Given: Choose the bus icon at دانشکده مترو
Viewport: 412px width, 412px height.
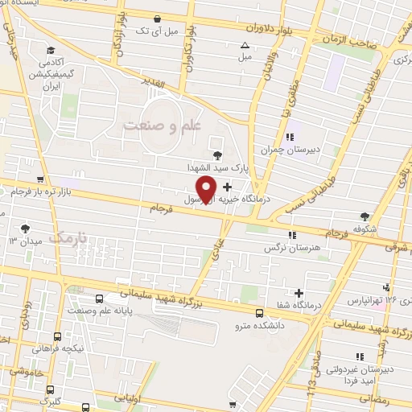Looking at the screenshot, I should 258,313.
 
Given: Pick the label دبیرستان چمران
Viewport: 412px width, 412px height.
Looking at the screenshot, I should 268,150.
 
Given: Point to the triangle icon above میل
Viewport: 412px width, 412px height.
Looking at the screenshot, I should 245,45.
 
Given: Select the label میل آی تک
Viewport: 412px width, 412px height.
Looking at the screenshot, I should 155,31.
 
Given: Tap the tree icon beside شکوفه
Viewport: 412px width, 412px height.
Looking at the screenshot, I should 365,215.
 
